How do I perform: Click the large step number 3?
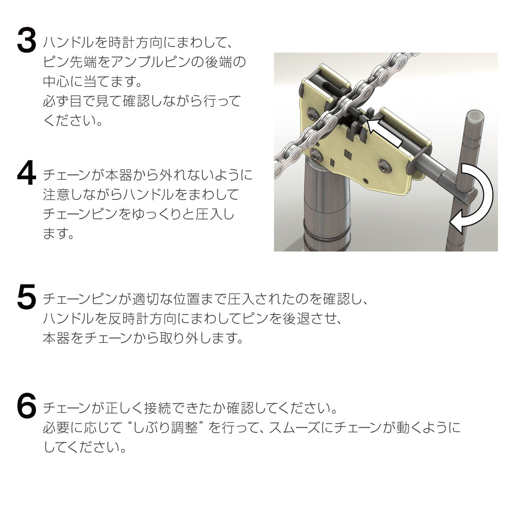26,41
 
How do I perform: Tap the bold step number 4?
26,173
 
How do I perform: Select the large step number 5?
26,297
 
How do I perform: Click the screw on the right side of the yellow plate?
385,165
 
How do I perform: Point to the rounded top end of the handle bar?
474,116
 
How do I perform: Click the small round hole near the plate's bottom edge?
366,180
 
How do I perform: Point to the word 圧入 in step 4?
208,214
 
